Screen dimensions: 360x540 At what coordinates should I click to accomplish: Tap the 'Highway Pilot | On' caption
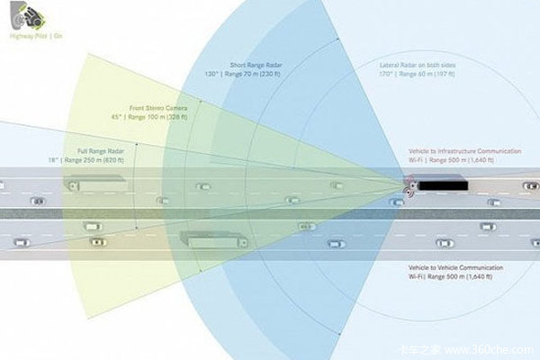pyautogui.click(x=28, y=39)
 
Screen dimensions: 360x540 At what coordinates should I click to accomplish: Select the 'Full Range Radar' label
pyautogui.click(x=102, y=151)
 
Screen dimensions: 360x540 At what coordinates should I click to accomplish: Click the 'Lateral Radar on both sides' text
pyautogui.click(x=422, y=66)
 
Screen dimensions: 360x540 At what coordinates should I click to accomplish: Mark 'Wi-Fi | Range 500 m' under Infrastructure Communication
pyautogui.click(x=450, y=161)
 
